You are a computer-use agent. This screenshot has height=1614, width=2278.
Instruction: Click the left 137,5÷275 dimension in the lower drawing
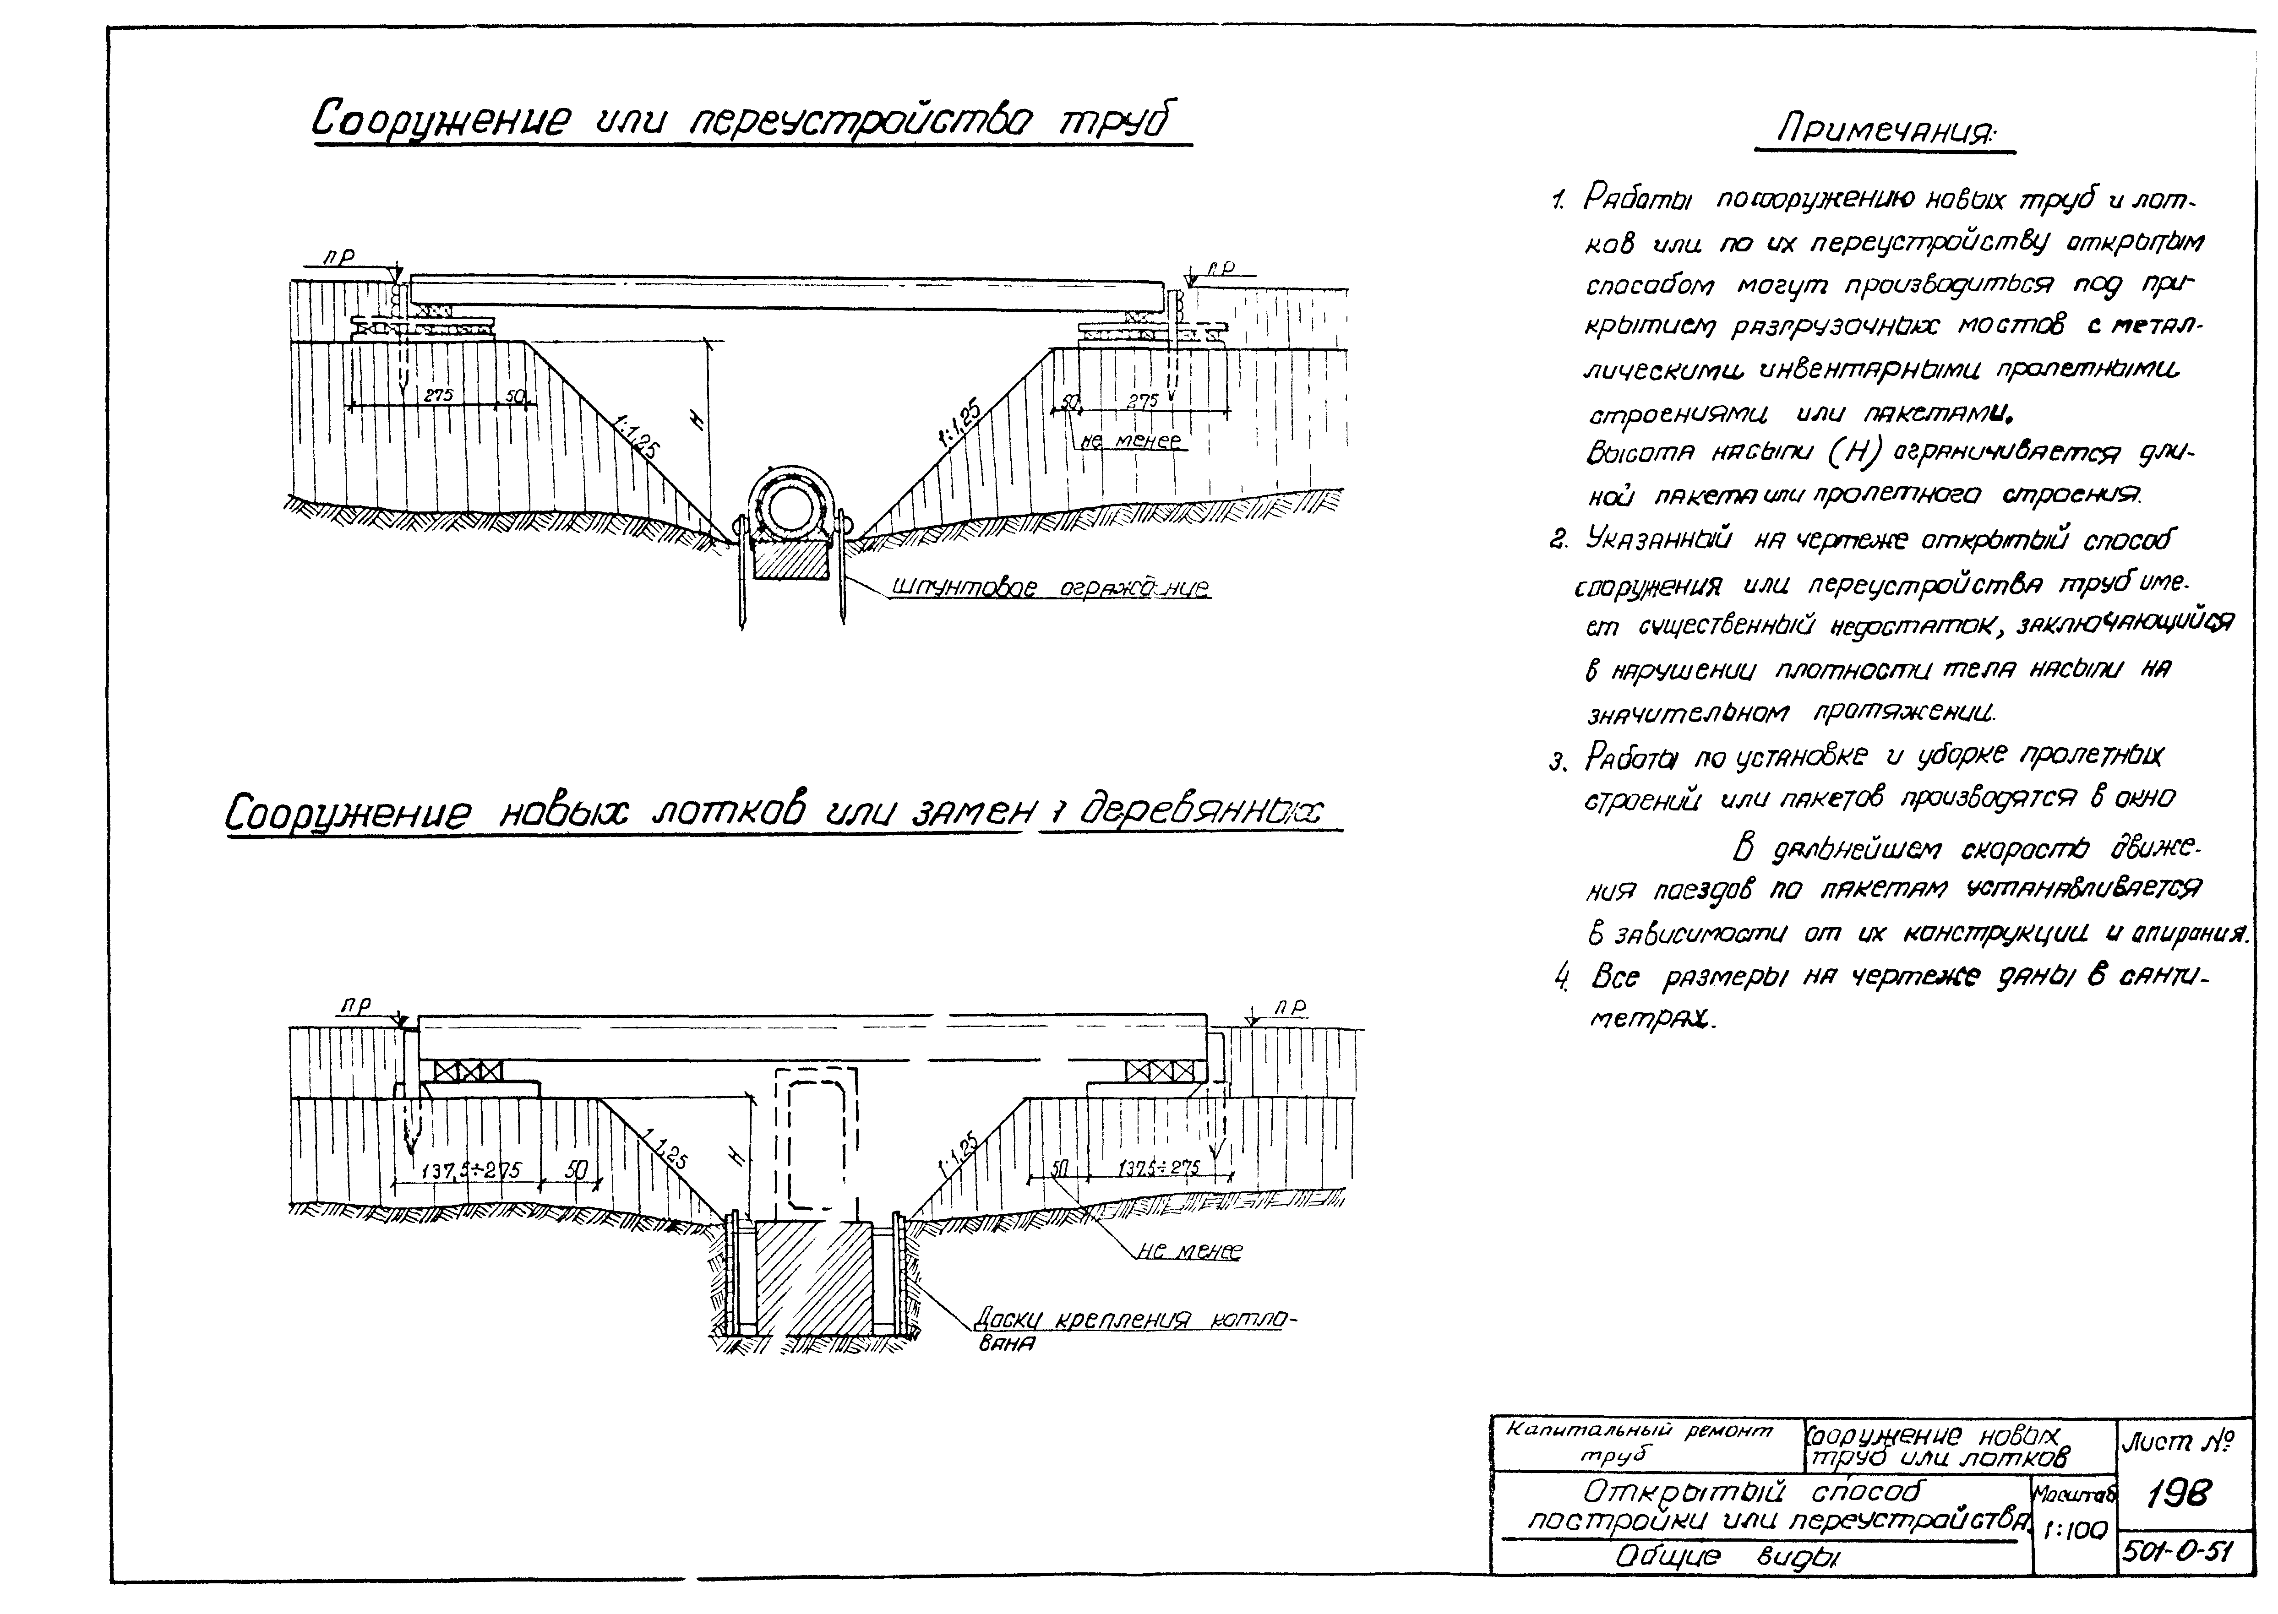tap(471, 1170)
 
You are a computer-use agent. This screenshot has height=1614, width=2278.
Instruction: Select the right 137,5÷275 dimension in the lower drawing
tap(1158, 1167)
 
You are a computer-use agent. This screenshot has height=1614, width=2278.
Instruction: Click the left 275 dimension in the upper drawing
tap(438, 395)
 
